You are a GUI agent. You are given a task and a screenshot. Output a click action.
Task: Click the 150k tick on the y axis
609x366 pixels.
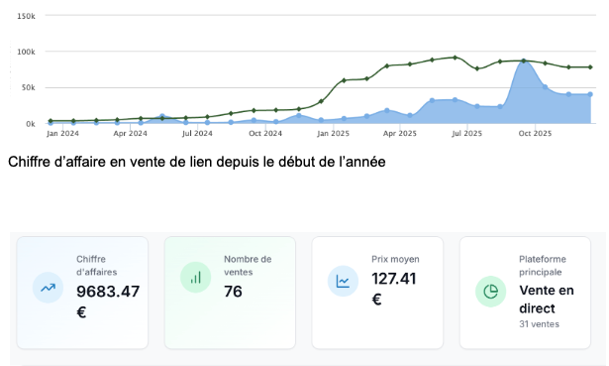(x=27, y=17)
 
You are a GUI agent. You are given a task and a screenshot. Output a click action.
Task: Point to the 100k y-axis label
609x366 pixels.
(x=27, y=52)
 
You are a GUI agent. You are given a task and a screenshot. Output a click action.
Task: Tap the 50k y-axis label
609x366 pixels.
(x=29, y=87)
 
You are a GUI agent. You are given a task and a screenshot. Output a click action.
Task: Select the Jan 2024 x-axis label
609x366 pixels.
(x=62, y=132)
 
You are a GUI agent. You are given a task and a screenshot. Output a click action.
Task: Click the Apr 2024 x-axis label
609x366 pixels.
(x=131, y=132)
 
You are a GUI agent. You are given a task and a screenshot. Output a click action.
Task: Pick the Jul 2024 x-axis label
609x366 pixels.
(x=198, y=132)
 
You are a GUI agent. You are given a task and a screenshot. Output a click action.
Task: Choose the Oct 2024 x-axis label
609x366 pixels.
(x=265, y=132)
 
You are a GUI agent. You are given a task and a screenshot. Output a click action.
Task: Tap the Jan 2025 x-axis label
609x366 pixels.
(x=333, y=132)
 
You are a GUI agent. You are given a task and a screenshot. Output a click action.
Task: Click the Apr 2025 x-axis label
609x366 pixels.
(x=400, y=132)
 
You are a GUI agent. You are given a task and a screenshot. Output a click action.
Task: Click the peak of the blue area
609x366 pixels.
(x=524, y=61)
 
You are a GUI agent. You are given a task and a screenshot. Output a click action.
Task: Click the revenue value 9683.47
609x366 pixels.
(x=108, y=292)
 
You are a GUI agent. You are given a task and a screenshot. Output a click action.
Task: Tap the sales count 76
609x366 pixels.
(x=233, y=292)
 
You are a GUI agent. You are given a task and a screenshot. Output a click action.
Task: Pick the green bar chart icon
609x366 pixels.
(x=195, y=278)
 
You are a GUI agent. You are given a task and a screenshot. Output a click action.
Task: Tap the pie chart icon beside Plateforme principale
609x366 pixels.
(x=490, y=290)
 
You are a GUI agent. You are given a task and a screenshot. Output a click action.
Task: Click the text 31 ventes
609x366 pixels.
(x=540, y=323)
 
